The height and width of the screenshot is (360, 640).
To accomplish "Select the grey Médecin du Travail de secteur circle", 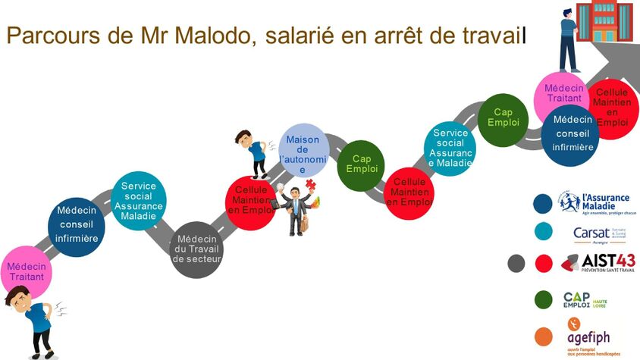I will click(196, 249).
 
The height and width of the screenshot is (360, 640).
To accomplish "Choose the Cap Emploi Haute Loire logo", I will click(584, 300).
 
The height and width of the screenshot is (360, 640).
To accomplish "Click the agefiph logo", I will click(588, 338).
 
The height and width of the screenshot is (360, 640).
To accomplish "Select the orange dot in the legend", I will click(542, 336).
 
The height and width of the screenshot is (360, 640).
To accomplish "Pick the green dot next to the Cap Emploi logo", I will click(542, 300).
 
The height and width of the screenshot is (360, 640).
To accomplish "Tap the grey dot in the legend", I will click(516, 263).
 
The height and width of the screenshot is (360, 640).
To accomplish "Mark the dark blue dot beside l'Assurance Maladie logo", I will click(542, 203).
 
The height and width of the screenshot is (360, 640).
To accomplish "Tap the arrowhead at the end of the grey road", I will click(622, 56).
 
